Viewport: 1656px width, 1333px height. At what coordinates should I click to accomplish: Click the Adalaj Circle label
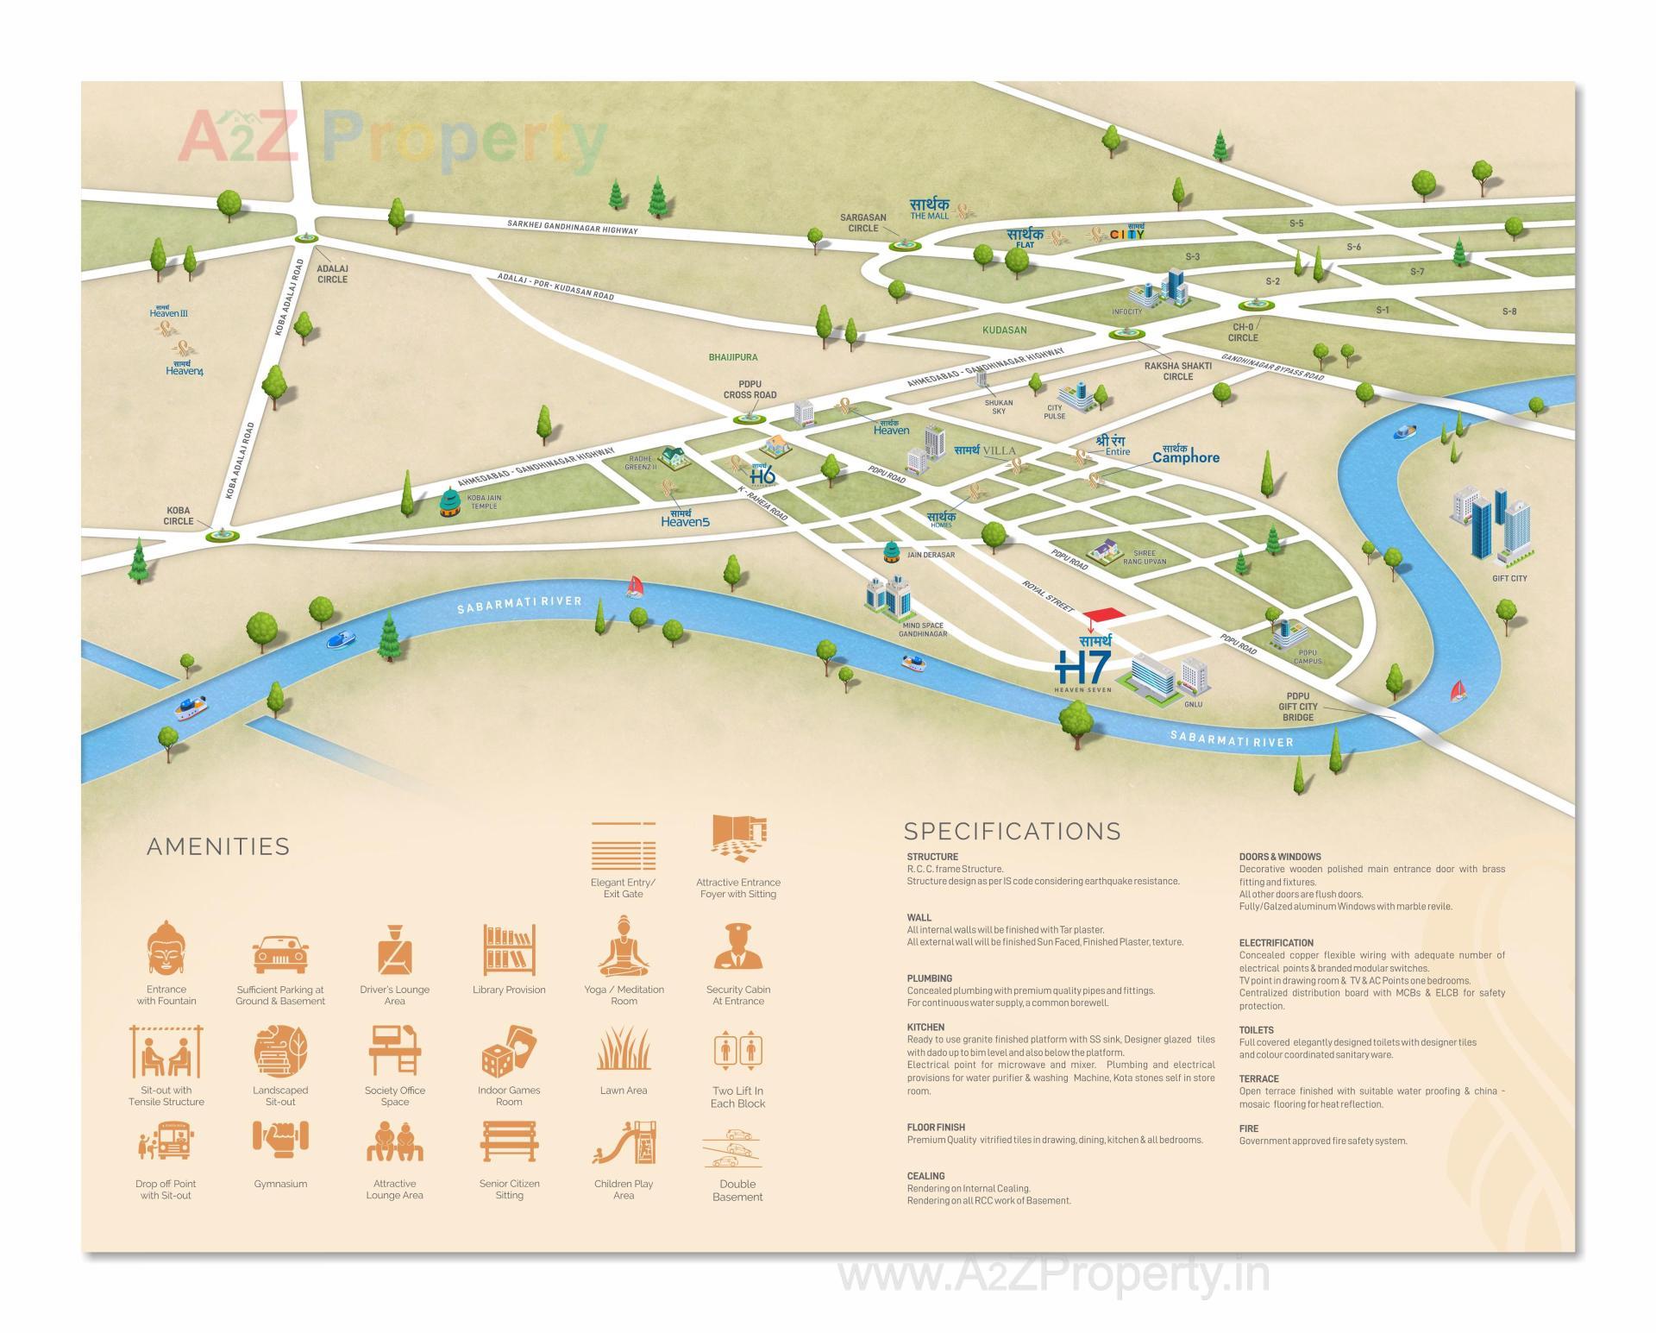(x=332, y=274)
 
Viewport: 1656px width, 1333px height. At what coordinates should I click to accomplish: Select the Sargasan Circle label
(x=862, y=223)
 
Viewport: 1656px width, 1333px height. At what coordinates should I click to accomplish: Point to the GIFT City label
(x=1509, y=578)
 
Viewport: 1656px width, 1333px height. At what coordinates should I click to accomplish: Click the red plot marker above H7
(x=1105, y=614)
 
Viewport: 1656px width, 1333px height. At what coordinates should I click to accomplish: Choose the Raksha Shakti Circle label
(x=1177, y=371)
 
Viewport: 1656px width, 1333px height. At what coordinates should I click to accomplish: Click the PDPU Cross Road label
(x=750, y=389)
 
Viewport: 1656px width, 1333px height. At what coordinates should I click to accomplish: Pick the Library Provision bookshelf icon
(x=509, y=949)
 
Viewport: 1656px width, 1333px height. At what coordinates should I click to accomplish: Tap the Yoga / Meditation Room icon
(x=624, y=947)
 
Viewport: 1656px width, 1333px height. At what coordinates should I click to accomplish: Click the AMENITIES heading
(x=218, y=846)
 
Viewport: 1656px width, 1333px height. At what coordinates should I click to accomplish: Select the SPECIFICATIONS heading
(x=1013, y=831)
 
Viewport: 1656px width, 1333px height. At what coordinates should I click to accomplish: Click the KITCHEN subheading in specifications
(x=925, y=1028)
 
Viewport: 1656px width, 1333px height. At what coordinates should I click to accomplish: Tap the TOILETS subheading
(x=1256, y=1030)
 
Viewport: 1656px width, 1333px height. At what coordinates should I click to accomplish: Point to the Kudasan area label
(x=1005, y=330)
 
